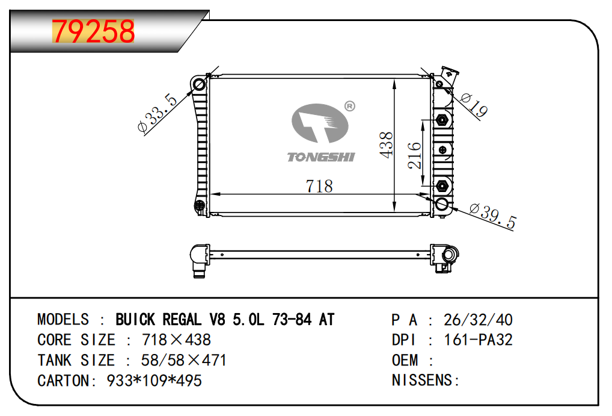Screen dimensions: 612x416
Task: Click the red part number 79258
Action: [93, 31]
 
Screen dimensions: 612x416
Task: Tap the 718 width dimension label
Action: [319, 186]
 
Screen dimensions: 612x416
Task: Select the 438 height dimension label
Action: [386, 144]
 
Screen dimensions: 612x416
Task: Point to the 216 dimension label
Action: [414, 155]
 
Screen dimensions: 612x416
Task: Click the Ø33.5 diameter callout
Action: [158, 113]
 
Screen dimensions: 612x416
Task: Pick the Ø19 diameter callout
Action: [474, 105]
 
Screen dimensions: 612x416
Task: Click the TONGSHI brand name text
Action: [321, 157]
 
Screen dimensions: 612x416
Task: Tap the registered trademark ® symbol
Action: [350, 106]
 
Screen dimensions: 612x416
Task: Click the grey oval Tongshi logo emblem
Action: [320, 123]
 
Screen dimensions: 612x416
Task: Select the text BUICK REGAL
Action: [159, 320]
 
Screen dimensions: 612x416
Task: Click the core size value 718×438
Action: [176, 340]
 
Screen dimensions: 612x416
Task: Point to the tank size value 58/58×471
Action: [183, 360]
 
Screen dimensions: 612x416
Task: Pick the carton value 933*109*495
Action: [154, 380]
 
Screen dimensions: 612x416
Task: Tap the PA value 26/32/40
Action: [478, 320]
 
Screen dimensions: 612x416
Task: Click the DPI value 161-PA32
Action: [478, 340]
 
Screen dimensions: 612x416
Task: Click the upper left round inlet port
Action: [200, 84]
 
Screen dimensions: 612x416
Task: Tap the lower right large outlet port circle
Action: [442, 203]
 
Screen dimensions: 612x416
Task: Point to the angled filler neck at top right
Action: [449, 77]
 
